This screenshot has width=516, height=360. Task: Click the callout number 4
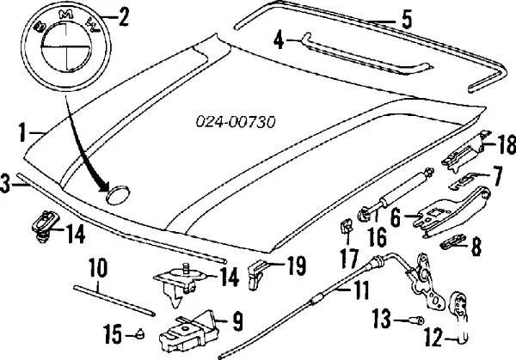click(x=279, y=39)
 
